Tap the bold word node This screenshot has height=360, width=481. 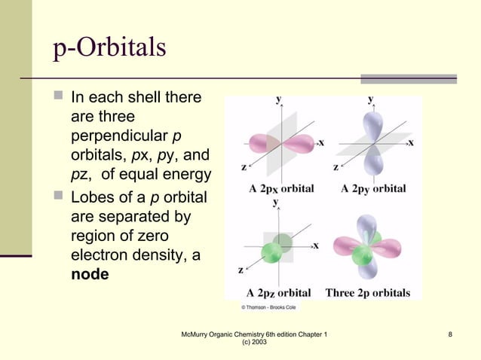tap(90, 274)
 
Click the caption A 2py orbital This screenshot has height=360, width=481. tap(373, 188)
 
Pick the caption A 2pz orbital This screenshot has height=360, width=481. tap(279, 292)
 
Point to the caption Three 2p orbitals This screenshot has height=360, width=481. tap(368, 292)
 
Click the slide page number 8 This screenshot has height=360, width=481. tap(449, 334)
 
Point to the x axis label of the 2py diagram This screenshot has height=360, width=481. tap(411, 142)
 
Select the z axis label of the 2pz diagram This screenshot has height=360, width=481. tap(240, 269)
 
